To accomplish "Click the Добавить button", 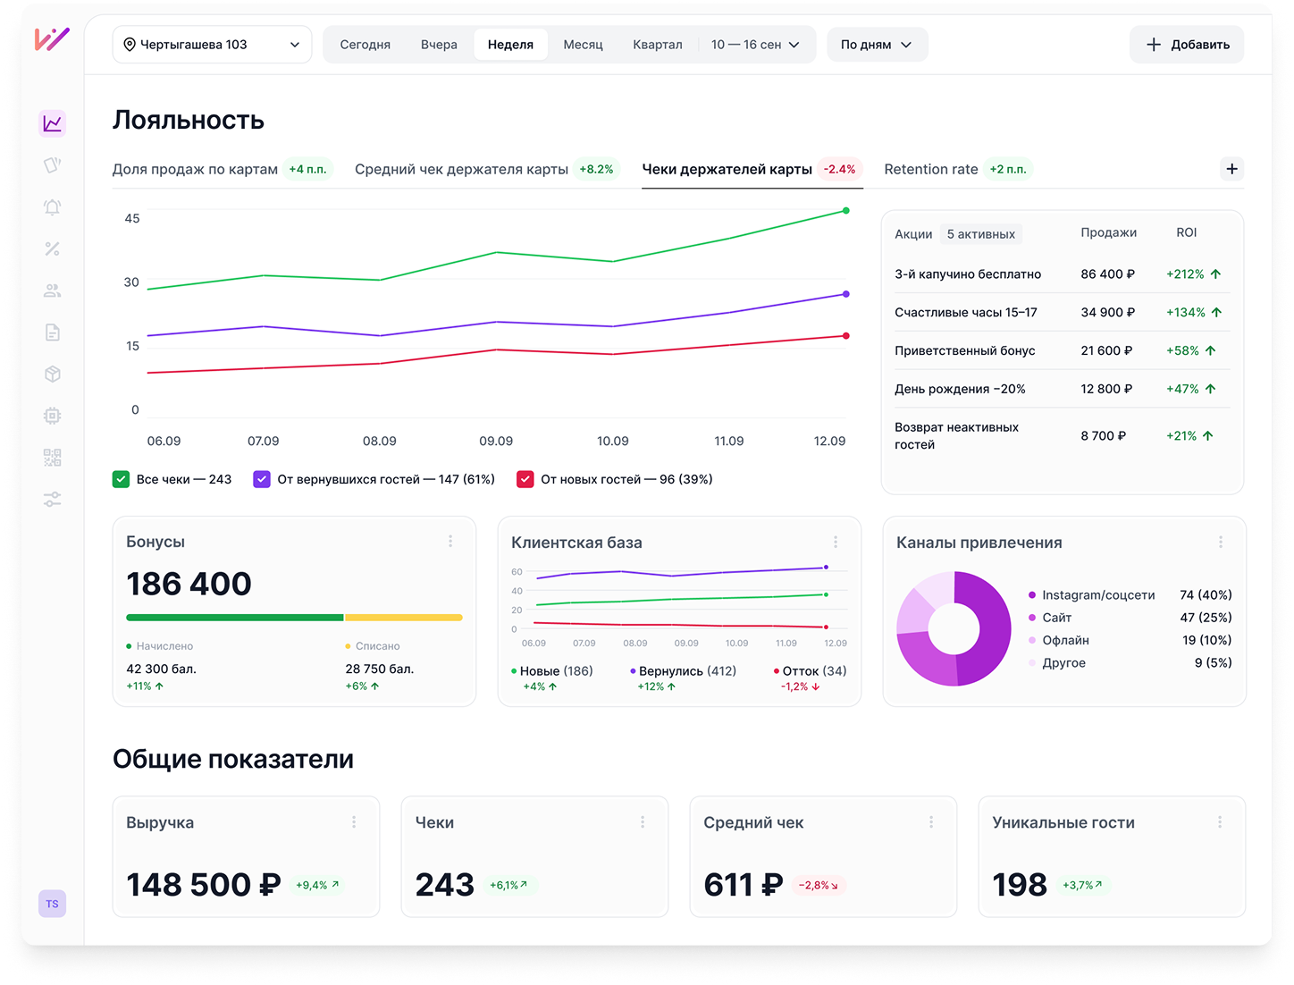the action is coord(1186,44).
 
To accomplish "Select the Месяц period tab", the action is coord(583,44).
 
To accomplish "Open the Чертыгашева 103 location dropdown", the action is coord(212,44).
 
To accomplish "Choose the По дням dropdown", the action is coord(877,44).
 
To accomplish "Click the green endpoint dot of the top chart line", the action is coord(845,210).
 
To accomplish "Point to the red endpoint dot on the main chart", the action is coord(845,335).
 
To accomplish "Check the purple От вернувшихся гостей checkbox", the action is coord(261,479).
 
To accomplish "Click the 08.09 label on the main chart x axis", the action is coord(379,441).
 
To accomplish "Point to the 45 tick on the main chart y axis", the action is coord(132,218).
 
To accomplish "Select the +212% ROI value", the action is coord(1185,274).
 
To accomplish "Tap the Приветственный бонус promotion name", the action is coord(964,350).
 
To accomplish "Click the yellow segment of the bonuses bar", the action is coord(403,617).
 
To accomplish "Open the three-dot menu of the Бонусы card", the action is coord(450,541).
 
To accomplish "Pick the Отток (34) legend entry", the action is coord(810,670).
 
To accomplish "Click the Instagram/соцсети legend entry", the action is coord(1091,594).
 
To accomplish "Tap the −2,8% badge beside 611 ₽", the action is coord(818,884).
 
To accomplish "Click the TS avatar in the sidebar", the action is coord(52,903).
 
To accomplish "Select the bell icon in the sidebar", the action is coord(52,206).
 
